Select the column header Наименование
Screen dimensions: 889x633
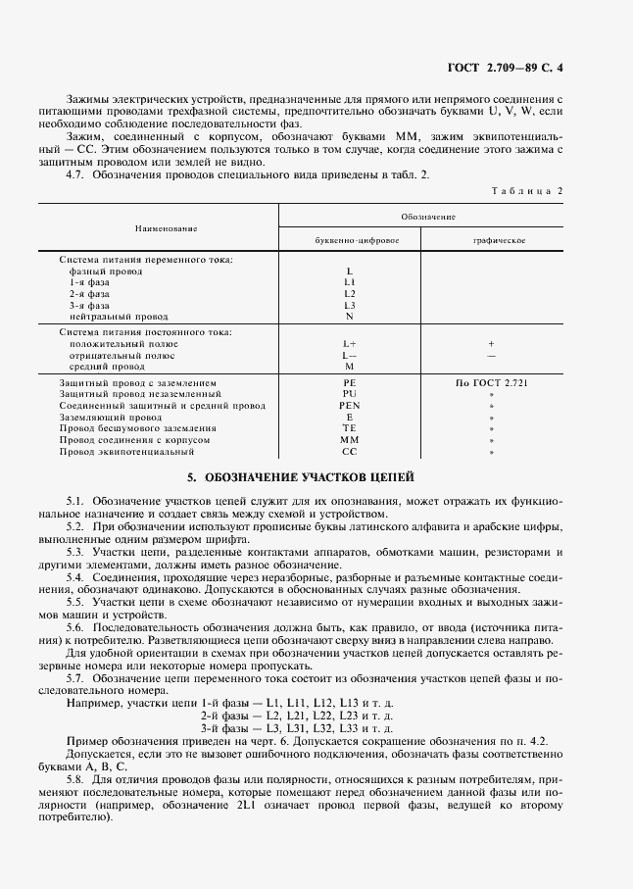[x=159, y=227]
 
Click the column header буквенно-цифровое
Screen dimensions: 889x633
[x=350, y=239]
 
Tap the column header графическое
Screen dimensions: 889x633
[x=492, y=239]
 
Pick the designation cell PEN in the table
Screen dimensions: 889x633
[x=350, y=405]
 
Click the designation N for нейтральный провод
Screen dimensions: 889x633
[x=350, y=317]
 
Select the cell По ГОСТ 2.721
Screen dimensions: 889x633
[x=492, y=381]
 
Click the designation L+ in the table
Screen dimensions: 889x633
[x=350, y=344]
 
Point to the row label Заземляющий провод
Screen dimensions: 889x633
[x=107, y=417]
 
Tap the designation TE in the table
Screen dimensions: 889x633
[x=350, y=428]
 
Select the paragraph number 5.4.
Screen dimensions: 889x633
[x=76, y=576]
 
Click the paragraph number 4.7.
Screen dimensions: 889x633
[x=76, y=174]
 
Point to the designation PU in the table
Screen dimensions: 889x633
[x=350, y=393]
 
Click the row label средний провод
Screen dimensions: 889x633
[x=107, y=367]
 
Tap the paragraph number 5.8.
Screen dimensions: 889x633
[x=76, y=778]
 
